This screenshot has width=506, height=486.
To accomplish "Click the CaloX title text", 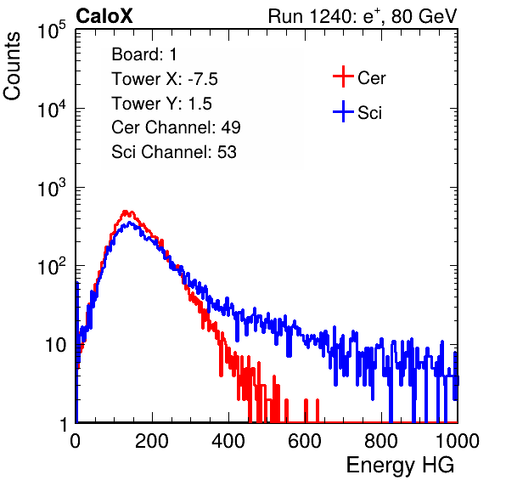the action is [104, 16].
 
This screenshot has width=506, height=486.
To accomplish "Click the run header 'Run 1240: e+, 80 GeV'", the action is [362, 16].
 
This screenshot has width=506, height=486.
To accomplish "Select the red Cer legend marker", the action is [343, 76].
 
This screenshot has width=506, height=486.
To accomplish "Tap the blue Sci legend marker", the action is [343, 112].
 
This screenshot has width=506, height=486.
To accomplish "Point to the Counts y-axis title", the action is [12, 65].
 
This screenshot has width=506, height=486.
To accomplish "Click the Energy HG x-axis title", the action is [400, 465].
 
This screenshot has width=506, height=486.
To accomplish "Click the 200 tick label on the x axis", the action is [152, 441].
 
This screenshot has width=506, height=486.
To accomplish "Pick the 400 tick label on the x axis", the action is [228, 441].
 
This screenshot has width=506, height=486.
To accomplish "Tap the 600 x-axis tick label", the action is [305, 441].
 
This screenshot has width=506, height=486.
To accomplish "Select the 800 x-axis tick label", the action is [381, 441].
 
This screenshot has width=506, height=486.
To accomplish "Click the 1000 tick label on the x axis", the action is [458, 441].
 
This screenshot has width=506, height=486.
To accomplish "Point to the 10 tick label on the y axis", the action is [55, 345].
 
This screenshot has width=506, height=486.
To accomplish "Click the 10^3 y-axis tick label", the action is [52, 188].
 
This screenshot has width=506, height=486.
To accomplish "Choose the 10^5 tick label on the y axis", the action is [52, 31].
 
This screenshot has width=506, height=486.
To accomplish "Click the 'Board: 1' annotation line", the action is [144, 54].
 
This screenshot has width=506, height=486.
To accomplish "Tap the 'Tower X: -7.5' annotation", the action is [165, 79].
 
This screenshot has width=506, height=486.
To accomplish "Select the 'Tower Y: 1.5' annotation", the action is [161, 104].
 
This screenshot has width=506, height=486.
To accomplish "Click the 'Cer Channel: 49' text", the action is [176, 127].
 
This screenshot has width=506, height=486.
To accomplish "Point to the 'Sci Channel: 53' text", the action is [174, 152].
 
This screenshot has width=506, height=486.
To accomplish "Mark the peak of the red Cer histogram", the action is [126, 212].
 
